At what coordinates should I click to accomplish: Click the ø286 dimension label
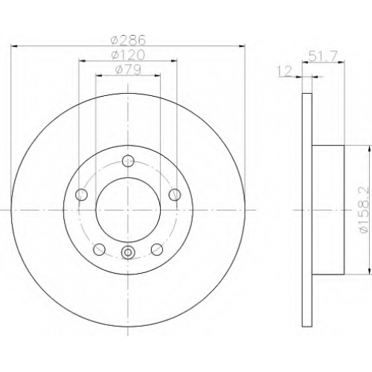coord(128,40)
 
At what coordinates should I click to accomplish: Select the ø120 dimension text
coord(128,55)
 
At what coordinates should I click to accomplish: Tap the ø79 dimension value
coord(128,70)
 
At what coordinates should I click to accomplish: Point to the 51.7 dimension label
coord(323,56)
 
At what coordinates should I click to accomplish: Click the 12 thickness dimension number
coord(284,71)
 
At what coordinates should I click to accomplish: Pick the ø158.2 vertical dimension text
coord(365,210)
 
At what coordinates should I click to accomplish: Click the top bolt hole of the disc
coord(128,161)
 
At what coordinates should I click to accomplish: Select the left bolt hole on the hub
coord(82,195)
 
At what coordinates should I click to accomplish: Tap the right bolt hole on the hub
coord(175,195)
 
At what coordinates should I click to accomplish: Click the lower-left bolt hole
coord(100,249)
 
